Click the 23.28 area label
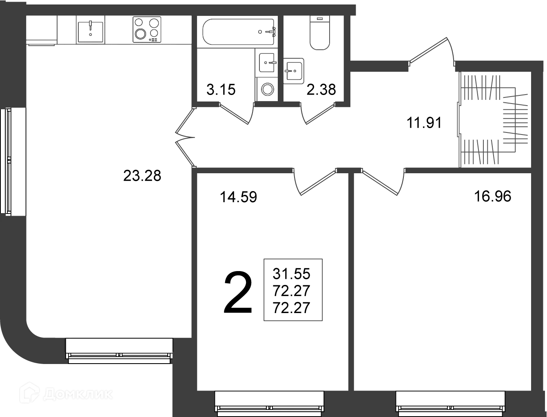click(142, 176)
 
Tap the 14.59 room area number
click(238, 197)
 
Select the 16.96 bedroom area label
click(492, 196)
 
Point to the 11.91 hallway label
click(424, 123)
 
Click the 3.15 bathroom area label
click(221, 90)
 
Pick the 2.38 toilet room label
click(321, 90)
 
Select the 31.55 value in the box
click(291, 274)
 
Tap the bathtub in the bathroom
click(239, 32)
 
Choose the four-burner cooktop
click(147, 30)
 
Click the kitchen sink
click(91, 32)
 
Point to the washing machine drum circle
click(268, 89)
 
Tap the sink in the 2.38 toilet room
click(294, 71)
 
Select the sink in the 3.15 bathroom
click(267, 63)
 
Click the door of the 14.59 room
click(314, 182)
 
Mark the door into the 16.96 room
click(383, 182)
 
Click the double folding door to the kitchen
click(185, 137)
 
